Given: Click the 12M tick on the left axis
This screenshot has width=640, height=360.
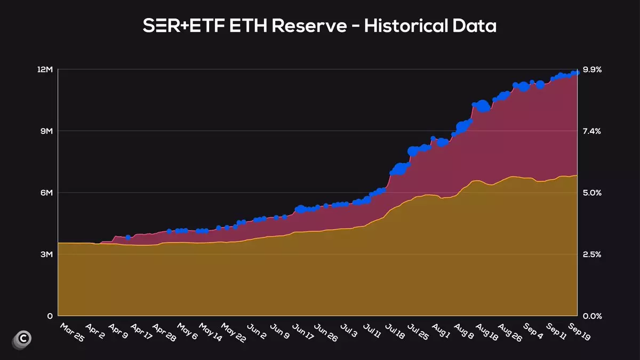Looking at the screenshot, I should [45, 69].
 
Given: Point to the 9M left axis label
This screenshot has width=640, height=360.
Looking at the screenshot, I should [46, 131].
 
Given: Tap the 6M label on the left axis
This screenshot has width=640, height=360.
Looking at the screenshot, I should [46, 193].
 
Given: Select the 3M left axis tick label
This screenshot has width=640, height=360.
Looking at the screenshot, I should [46, 254].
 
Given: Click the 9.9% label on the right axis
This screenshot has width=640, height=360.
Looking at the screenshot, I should [592, 69].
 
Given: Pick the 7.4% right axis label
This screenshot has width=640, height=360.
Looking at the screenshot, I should [592, 131].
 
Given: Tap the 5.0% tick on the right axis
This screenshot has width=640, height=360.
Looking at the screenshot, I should [592, 193].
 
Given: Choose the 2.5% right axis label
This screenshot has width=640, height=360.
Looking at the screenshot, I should [592, 254].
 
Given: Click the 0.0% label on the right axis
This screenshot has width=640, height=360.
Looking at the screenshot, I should [592, 316].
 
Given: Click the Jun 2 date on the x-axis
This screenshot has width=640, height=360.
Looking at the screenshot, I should [256, 332].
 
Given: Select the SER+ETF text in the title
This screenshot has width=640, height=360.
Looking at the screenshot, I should [184, 26].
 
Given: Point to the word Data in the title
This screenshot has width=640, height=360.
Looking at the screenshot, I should [476, 26].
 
